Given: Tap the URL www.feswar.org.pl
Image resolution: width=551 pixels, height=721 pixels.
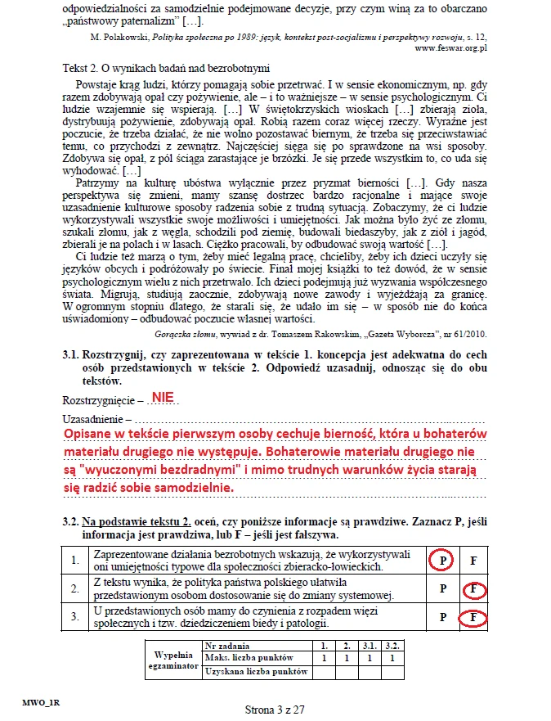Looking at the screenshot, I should tap(450, 48).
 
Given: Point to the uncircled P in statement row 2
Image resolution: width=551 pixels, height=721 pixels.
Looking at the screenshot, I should tap(442, 589).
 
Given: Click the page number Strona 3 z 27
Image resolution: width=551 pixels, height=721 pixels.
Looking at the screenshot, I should tap(275, 710).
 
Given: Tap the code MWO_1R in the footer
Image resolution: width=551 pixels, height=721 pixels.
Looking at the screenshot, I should tap(41, 703).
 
